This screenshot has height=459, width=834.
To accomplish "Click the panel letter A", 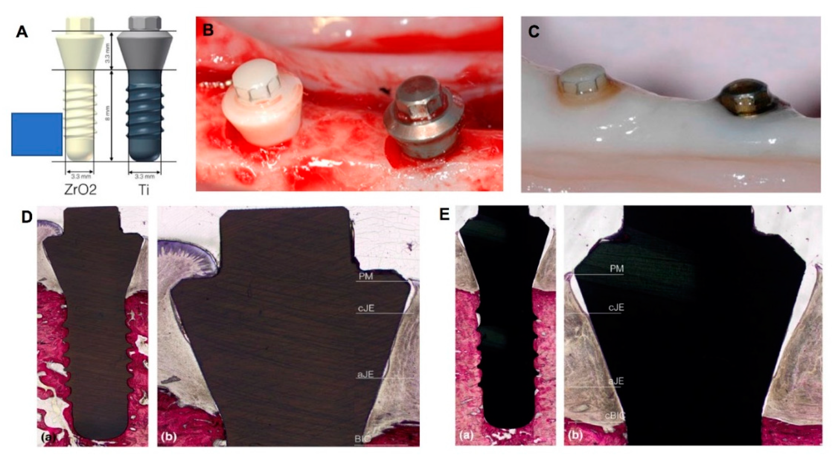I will (x=22, y=33).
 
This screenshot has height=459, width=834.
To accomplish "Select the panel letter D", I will (x=27, y=218).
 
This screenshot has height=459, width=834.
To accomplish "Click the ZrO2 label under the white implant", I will (x=80, y=190).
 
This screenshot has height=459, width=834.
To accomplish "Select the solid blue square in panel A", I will (x=37, y=134).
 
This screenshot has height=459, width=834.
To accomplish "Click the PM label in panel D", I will (x=365, y=276).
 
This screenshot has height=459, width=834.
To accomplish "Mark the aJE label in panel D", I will (x=365, y=375).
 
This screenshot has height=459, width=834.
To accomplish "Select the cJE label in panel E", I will (x=616, y=308).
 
